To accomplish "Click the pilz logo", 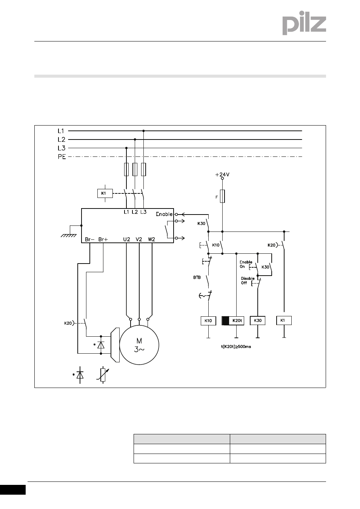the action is pos(304,23).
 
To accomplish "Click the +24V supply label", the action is pos(222,175).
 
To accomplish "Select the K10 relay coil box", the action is pos(208,320).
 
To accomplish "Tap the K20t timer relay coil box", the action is pos(233,320).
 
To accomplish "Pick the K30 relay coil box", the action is pos(257,320).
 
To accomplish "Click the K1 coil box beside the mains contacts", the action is pos(105,193).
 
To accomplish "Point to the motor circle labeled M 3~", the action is pos(139,345).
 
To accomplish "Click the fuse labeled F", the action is pos(222,196).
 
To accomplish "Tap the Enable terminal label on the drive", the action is pos(164,214).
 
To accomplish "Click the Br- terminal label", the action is pos(89,239).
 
